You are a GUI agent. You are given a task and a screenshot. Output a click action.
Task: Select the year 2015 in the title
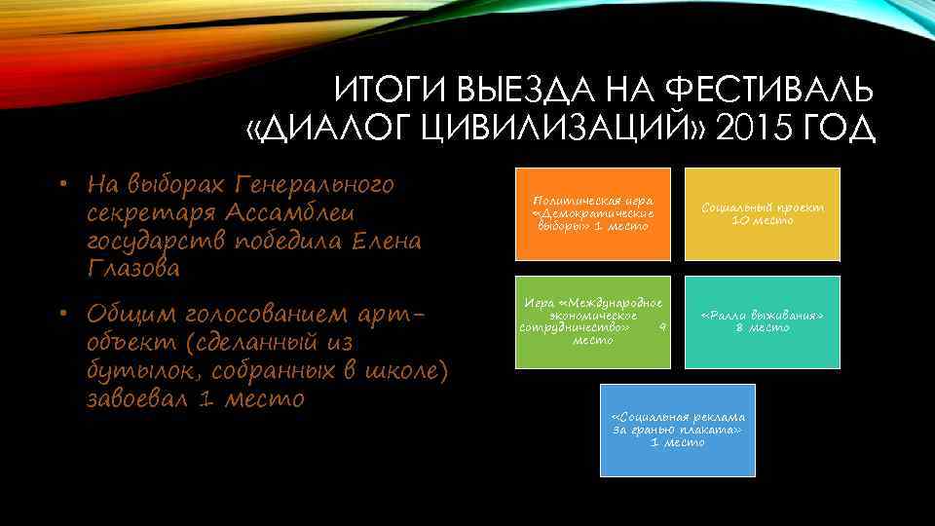point(759,129)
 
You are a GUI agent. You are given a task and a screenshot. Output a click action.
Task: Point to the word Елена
point(381,241)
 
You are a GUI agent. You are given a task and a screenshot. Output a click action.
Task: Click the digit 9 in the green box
point(662,327)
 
